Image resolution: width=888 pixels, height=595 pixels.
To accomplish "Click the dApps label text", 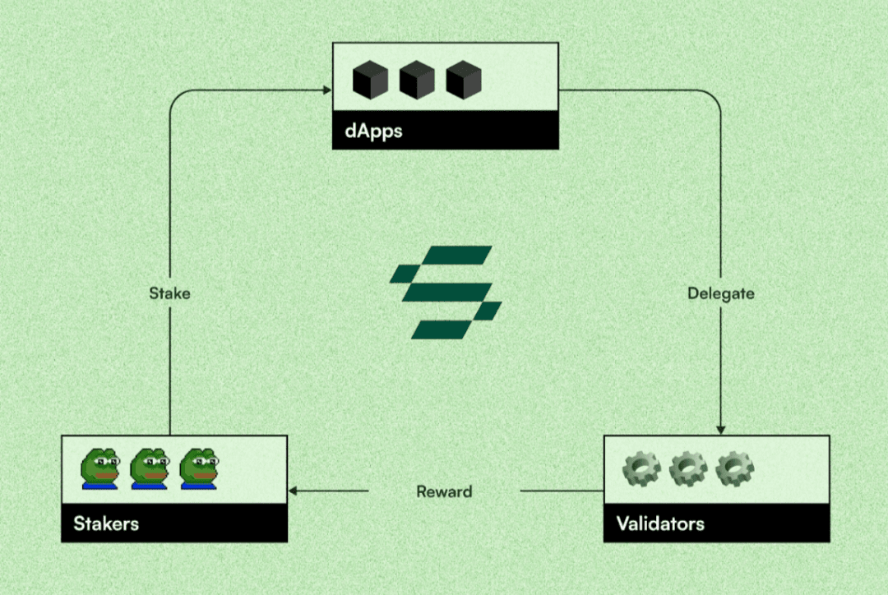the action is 373,131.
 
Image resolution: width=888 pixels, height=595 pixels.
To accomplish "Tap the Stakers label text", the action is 106,524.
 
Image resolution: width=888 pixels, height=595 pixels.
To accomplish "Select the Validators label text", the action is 660,524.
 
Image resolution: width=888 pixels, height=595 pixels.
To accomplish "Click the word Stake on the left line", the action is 169,293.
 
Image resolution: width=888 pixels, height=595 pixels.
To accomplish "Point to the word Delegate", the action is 720,293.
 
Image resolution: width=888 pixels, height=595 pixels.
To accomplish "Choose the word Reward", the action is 444,491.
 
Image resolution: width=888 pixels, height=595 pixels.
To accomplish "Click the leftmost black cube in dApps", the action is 370,80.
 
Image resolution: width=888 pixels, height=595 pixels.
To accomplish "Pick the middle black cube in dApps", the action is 417,80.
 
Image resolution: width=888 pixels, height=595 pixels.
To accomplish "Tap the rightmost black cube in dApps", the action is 464,80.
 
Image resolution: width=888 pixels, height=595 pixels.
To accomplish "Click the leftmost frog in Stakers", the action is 100,468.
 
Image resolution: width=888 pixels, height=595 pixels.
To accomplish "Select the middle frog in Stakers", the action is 150,468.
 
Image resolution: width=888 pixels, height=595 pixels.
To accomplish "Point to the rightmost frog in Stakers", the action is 199,468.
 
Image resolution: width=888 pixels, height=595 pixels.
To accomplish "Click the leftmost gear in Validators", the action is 641,468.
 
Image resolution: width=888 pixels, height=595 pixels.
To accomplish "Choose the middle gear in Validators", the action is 688,468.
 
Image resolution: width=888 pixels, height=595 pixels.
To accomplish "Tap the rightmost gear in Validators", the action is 734,468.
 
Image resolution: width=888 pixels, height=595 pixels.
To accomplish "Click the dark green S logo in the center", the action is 446,292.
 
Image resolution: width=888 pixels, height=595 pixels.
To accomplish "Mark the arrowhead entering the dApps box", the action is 326,90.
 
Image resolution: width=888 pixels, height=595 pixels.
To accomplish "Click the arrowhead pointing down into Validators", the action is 720,431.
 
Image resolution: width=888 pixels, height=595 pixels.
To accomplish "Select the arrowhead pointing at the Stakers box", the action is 293,491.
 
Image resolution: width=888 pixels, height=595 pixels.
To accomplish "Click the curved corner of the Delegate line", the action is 715,96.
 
